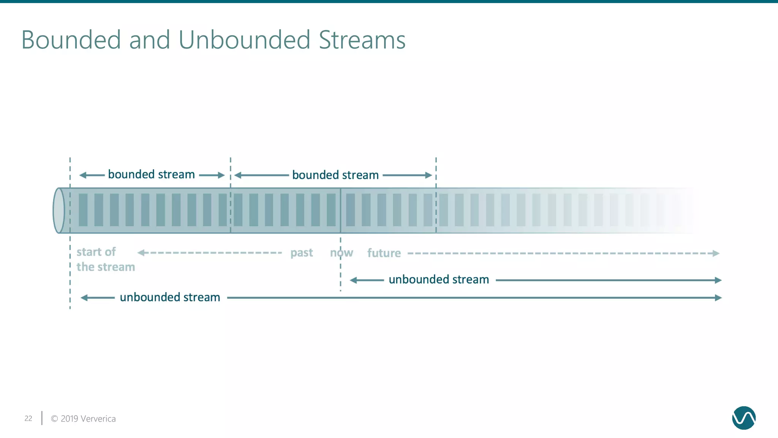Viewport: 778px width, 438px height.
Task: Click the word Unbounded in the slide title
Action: (244, 40)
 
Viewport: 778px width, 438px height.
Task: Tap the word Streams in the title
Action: (362, 40)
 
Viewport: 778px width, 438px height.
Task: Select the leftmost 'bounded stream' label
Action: (151, 175)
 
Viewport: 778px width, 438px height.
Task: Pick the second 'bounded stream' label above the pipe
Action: (335, 175)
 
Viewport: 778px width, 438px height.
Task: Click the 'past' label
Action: (302, 253)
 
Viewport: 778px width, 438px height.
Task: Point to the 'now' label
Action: (342, 253)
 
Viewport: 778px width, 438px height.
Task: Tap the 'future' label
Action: (384, 253)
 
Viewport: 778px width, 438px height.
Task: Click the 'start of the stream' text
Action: (105, 259)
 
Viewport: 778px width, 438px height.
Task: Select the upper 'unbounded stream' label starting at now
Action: (439, 280)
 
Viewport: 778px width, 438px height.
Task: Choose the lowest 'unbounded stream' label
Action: (170, 297)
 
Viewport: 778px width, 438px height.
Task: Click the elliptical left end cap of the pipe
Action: (59, 210)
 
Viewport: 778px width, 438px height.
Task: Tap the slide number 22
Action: (28, 419)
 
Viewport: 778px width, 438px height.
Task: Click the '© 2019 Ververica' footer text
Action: (83, 419)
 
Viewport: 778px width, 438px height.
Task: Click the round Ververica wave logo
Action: (743, 418)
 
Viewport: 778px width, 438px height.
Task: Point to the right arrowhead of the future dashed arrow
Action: (716, 253)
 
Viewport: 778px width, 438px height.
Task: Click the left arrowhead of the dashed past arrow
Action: (141, 252)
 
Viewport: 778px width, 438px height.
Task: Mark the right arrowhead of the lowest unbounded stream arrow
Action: (718, 298)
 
